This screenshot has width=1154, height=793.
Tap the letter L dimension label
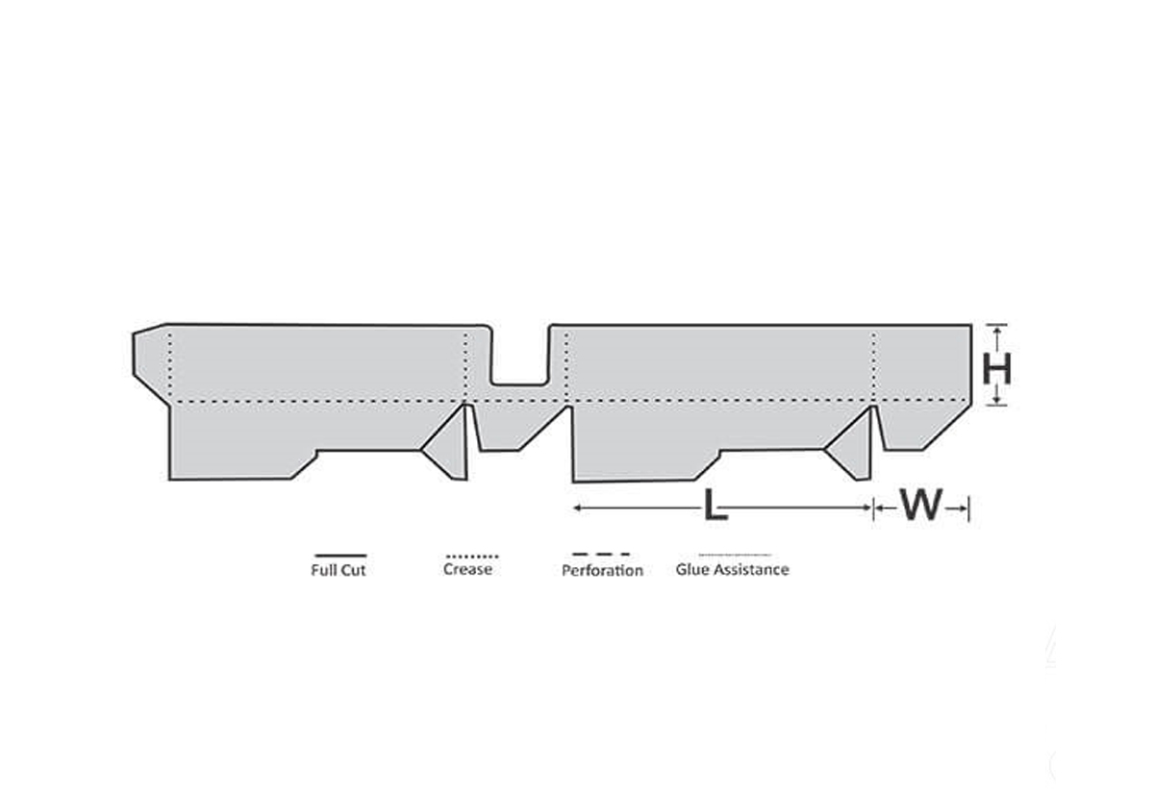coord(714,506)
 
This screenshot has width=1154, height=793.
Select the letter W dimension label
coord(920,506)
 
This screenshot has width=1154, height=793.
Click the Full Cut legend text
coord(339,570)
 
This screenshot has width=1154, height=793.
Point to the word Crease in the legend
coord(468,569)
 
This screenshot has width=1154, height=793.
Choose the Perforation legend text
coord(602,571)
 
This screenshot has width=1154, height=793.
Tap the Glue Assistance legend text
coord(732,569)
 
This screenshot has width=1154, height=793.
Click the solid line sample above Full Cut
coord(339,556)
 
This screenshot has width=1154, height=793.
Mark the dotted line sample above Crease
coord(470,556)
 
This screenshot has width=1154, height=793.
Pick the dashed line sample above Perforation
coord(601,555)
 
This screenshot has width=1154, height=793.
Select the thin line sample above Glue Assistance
coord(734,555)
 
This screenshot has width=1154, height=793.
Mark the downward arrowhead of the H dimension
coord(997,400)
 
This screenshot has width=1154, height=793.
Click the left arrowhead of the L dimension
coord(578,507)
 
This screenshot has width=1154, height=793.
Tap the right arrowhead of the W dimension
coord(964,507)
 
